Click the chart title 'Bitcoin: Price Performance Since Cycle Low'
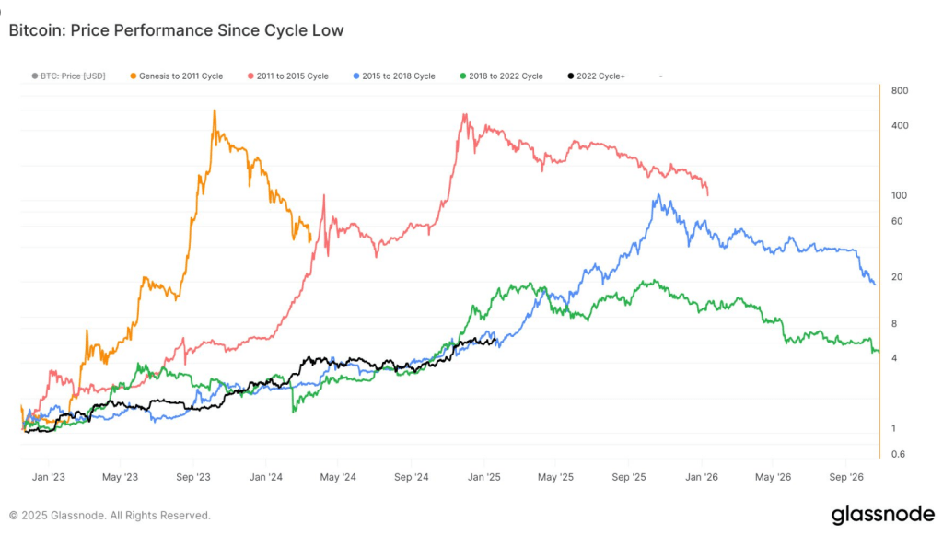coord(176,30)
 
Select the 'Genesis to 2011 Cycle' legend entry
coord(177,76)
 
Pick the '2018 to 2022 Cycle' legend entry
coord(502,76)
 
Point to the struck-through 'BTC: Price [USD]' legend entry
coord(68,76)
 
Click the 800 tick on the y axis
coord(899,90)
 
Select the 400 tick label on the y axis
coord(899,125)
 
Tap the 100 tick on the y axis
coord(899,195)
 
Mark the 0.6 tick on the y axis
coord(899,454)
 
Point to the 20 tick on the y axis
coord(897,277)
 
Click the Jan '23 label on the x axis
coord(48,477)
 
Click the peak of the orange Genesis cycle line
coord(215,110)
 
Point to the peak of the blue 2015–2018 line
coord(658,194)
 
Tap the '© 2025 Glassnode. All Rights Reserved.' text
coord(110,516)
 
